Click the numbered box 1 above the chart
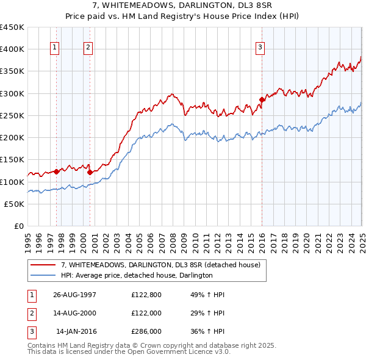[55, 48]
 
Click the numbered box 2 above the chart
[88, 48]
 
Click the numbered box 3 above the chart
[260, 48]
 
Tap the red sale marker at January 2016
[262, 99]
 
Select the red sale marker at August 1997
[57, 171]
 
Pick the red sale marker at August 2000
[90, 172]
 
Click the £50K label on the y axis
[15, 204]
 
